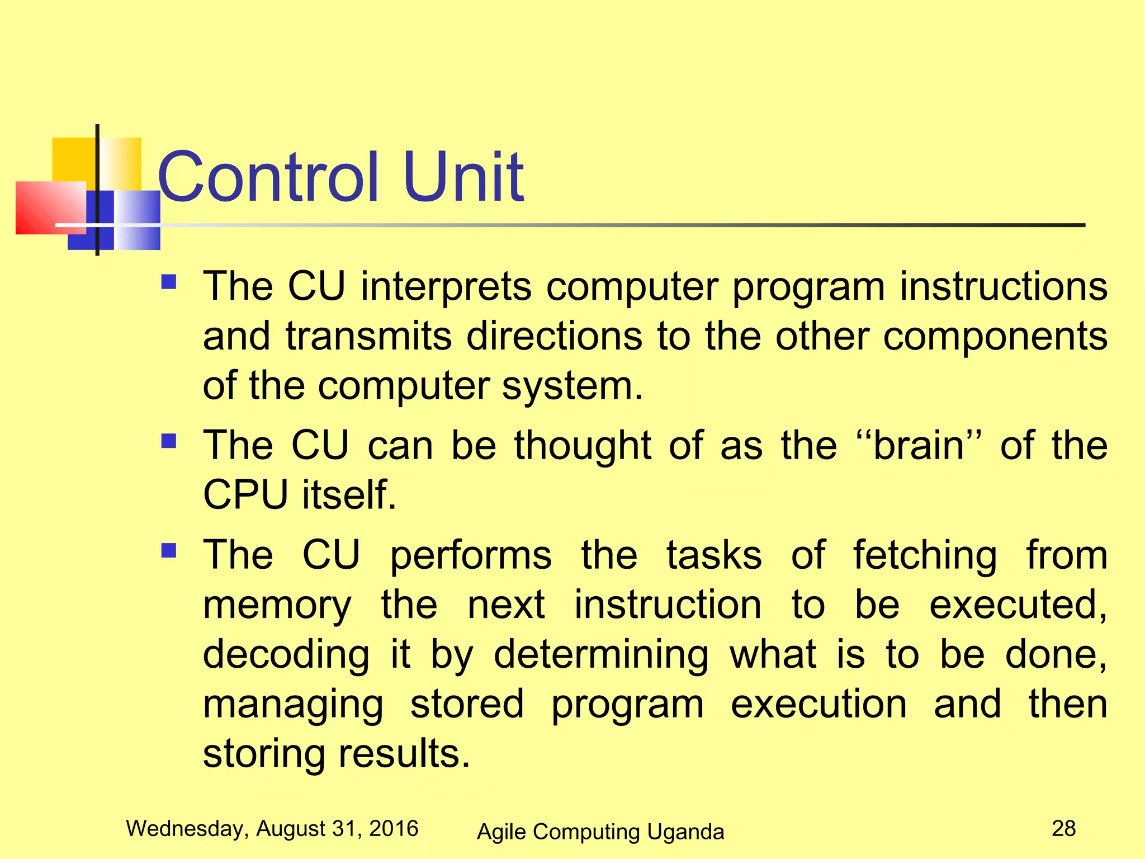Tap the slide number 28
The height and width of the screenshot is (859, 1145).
[x=1063, y=828]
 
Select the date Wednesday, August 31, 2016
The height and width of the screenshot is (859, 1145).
[x=272, y=828]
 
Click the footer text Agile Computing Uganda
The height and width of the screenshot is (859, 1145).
[x=600, y=832]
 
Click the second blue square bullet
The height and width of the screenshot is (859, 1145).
[x=168, y=442]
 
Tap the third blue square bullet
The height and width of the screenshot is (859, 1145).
[x=168, y=551]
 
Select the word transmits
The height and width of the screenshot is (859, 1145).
[x=368, y=337]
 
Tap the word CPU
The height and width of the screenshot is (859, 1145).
[x=245, y=495]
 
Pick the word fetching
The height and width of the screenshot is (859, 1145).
[x=925, y=555]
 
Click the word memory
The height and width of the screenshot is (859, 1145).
[x=277, y=606]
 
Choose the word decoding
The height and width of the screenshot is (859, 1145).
[x=286, y=654]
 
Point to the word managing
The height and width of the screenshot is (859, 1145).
[x=293, y=704]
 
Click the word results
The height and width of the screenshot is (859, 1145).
[x=404, y=753]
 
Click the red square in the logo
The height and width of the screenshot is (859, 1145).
[x=50, y=207]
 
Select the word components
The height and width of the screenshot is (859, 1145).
[x=995, y=337]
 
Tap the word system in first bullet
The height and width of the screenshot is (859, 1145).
[x=572, y=386]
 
